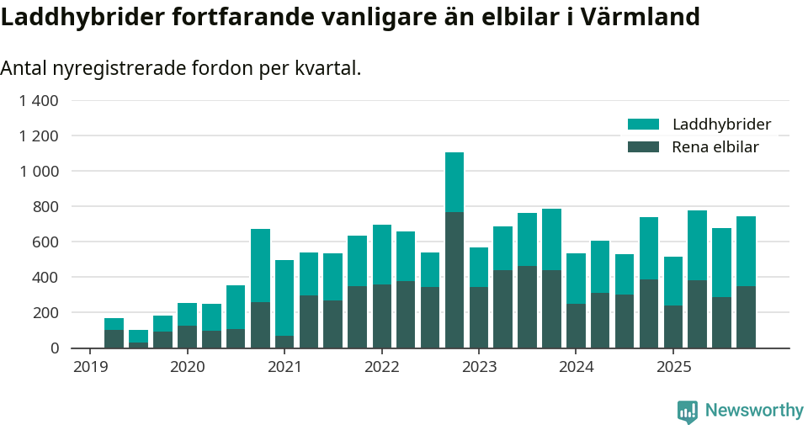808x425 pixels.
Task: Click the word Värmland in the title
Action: [648, 16]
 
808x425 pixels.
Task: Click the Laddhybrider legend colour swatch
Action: [644, 125]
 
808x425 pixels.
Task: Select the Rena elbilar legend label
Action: [715, 147]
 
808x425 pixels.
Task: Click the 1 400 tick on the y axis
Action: [39, 101]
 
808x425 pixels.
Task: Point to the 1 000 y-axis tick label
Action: [39, 171]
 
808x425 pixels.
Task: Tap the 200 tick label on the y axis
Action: [45, 312]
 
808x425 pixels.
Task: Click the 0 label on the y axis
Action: [55, 348]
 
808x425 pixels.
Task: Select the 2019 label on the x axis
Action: [90, 367]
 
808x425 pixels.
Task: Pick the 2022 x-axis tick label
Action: [382, 367]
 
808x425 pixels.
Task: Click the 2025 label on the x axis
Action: [673, 367]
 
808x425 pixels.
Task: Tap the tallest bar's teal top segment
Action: [454, 182]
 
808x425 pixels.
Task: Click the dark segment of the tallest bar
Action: [454, 279]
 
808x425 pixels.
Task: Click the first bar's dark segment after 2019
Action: [114, 338]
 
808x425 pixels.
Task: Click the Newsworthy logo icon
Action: [688, 411]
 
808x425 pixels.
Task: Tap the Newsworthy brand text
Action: [754, 411]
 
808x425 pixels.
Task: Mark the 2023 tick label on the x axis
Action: [479, 367]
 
